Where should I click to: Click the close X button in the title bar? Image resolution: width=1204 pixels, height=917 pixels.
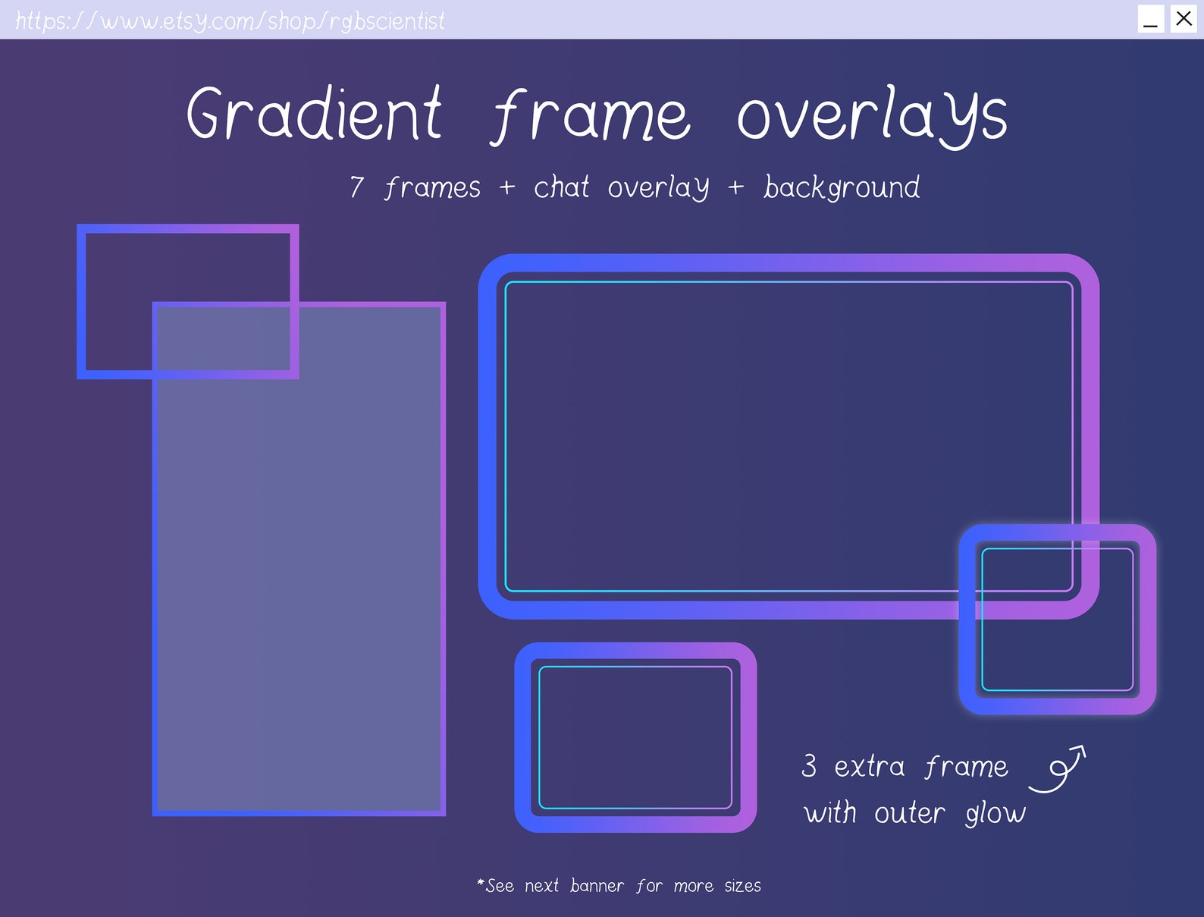point(1184,18)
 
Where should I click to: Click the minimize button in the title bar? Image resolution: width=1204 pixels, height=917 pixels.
point(1150,19)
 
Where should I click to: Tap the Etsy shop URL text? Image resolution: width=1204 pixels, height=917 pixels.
point(230,20)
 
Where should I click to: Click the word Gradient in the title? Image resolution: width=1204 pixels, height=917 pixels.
point(314,114)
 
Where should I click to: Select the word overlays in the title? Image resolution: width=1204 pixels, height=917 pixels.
point(872,115)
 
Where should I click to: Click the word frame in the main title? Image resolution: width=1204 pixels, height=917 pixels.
point(591,116)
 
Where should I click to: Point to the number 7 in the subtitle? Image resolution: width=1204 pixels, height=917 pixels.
point(357,187)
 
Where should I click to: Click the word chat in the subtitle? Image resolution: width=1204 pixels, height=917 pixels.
point(561,187)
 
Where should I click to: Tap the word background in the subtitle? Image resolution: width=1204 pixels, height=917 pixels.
point(842,187)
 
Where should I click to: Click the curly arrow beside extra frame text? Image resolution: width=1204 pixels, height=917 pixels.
point(1058,769)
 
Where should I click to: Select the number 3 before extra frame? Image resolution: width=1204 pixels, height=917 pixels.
point(809,765)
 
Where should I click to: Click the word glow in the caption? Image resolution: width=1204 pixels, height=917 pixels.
point(995,814)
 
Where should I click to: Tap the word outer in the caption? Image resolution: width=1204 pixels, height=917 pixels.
point(909,813)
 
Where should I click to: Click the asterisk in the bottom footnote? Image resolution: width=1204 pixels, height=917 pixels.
point(480,882)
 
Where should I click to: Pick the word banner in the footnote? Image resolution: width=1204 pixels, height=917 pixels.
point(597,886)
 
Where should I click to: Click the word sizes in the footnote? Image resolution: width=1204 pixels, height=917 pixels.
point(742,886)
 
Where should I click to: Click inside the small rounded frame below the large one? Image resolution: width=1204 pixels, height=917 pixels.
point(635,737)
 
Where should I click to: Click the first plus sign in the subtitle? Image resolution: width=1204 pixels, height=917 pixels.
point(507,187)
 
